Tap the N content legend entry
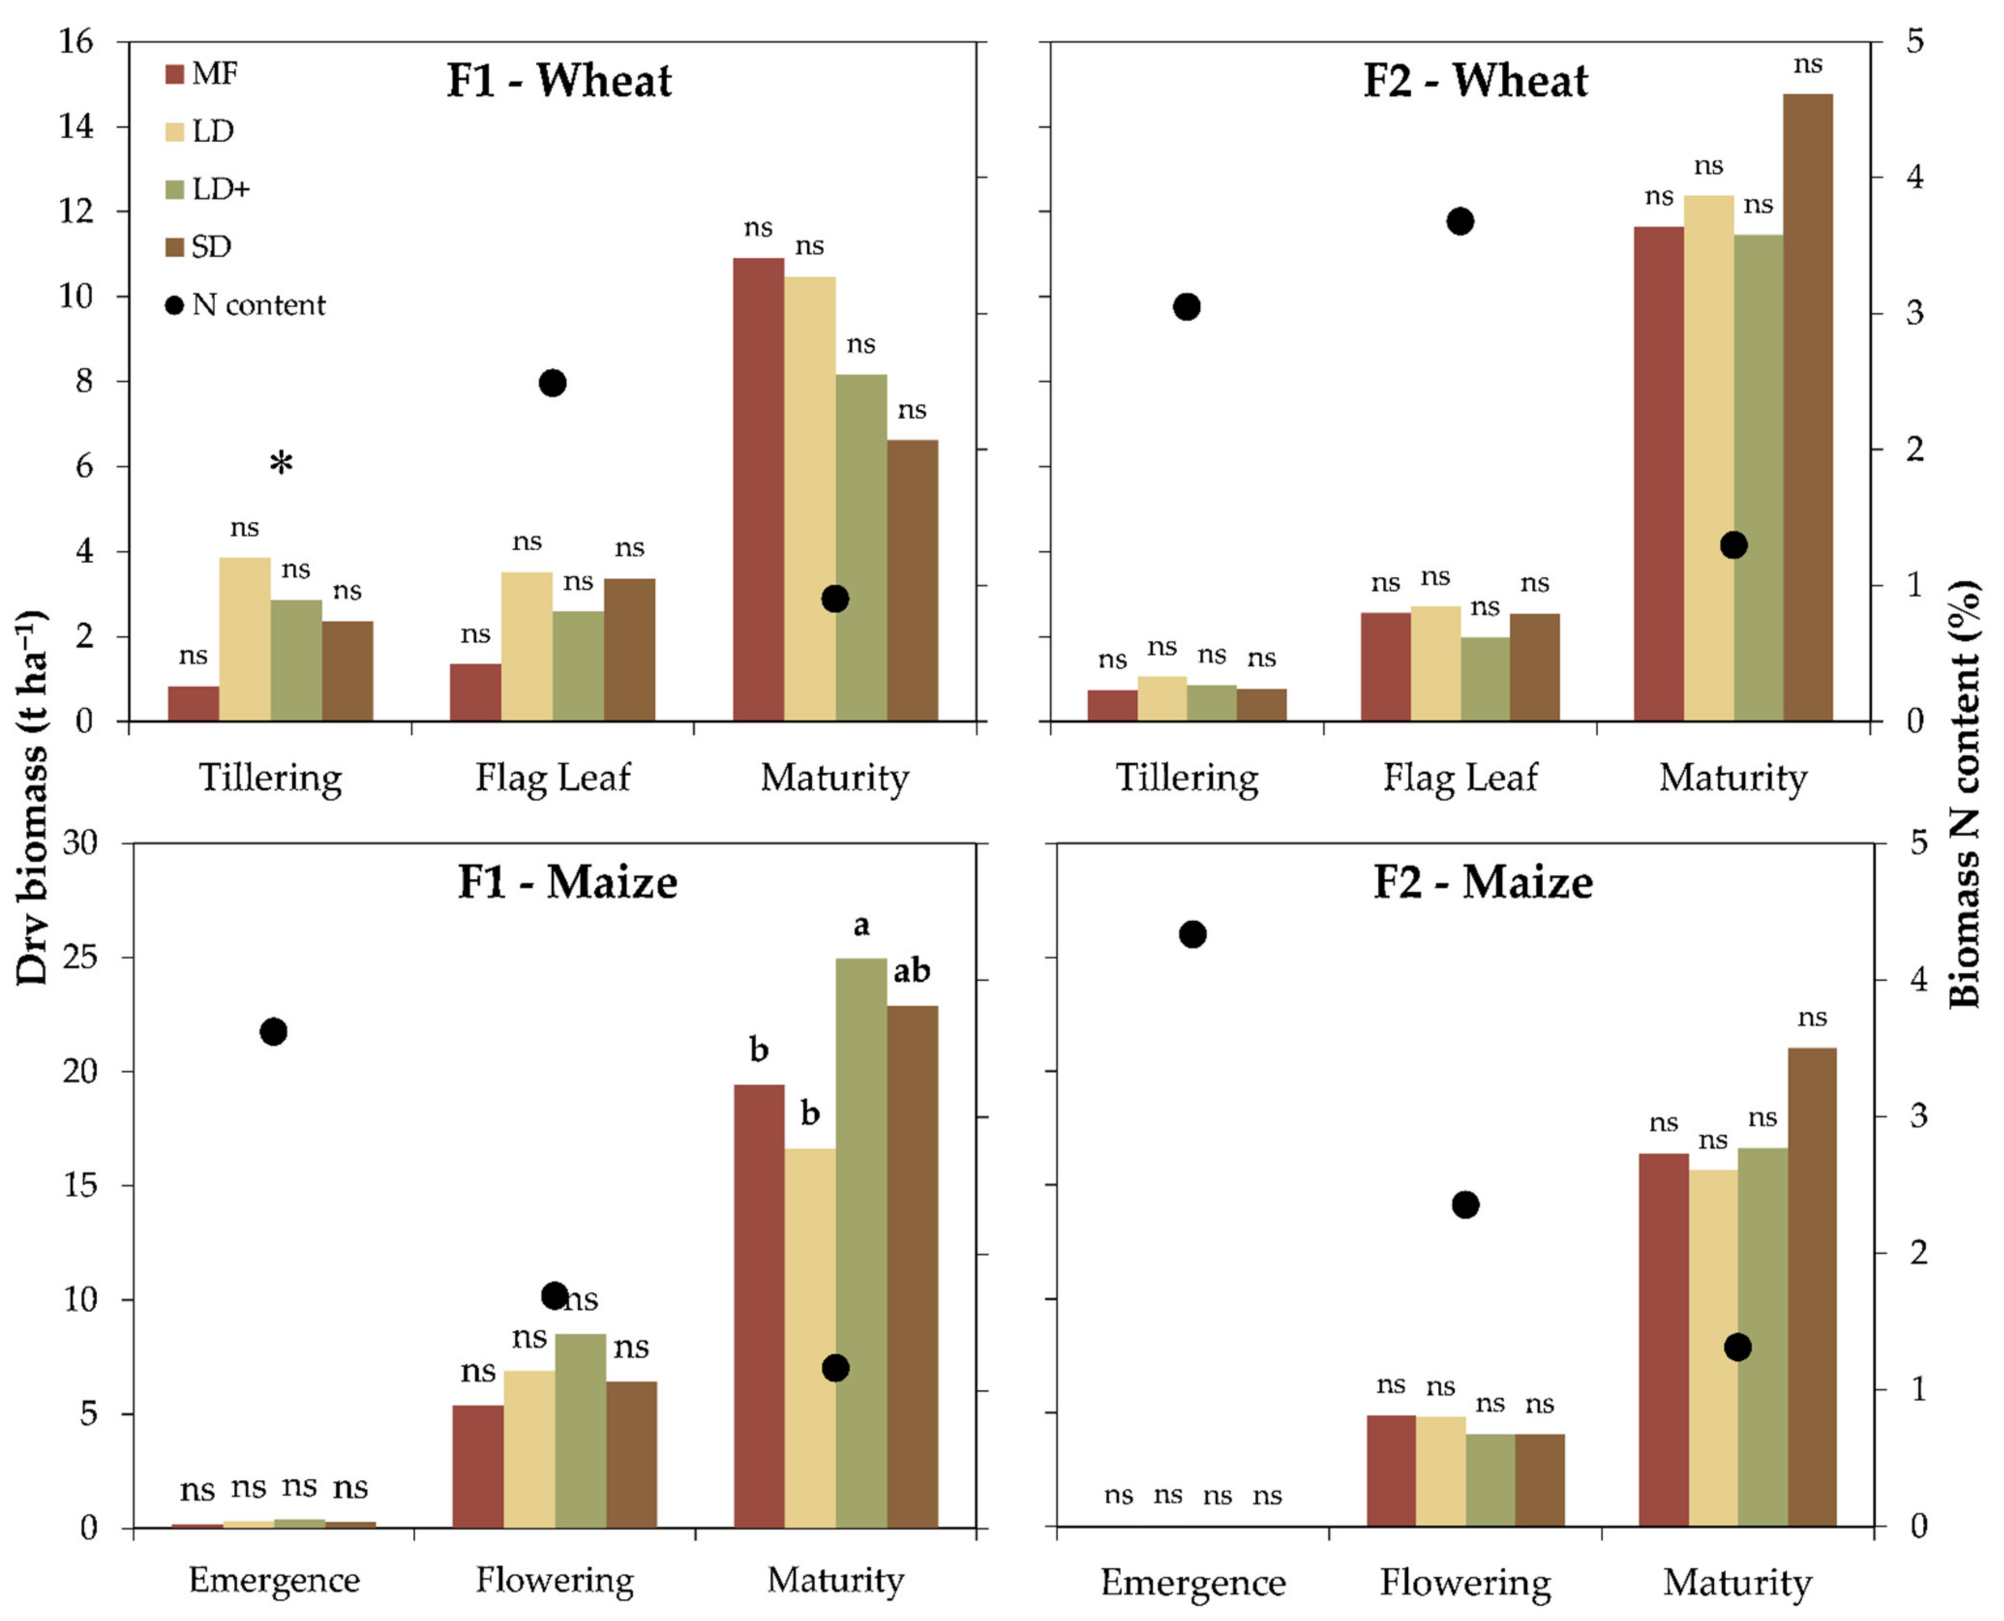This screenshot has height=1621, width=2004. pyautogui.click(x=245, y=305)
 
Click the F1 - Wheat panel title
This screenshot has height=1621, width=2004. pyautogui.click(x=558, y=80)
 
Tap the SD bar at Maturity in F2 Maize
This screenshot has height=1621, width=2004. pyautogui.click(x=1811, y=1287)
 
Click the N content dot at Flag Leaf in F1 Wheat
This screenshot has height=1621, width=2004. pyautogui.click(x=553, y=383)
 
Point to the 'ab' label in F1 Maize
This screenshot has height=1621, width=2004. pyautogui.click(x=911, y=972)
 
